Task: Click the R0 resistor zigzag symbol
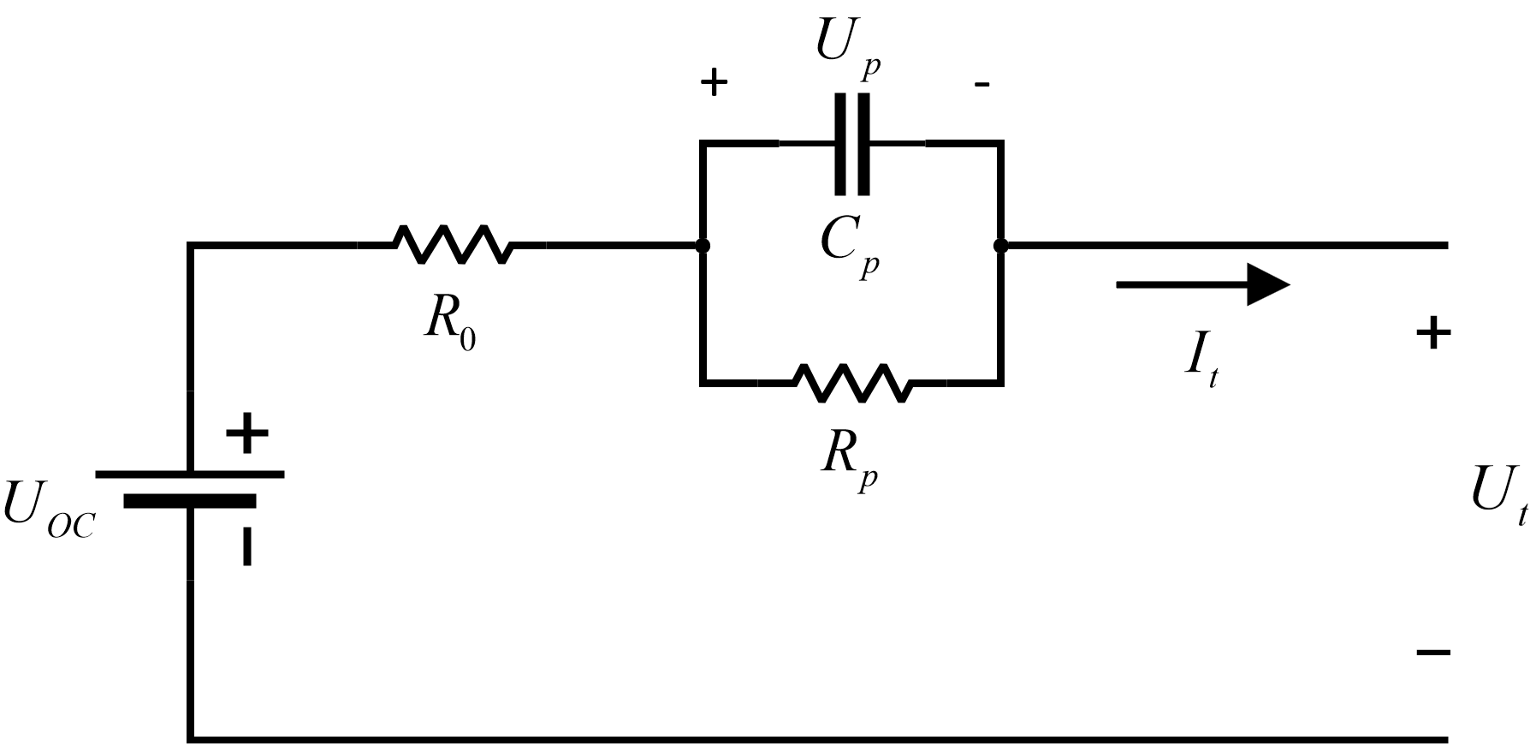pyautogui.click(x=452, y=245)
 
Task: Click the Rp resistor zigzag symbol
pyautogui.click(x=853, y=382)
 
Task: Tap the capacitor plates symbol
pyautogui.click(x=852, y=144)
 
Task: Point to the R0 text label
pyautogui.click(x=450, y=322)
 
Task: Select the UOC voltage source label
pyautogui.click(x=48, y=510)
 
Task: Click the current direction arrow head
pyautogui.click(x=1266, y=284)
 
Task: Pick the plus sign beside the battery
pyautogui.click(x=246, y=434)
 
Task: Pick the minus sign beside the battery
pyautogui.click(x=246, y=546)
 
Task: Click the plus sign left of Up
pyautogui.click(x=714, y=83)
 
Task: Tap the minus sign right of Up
pyautogui.click(x=982, y=84)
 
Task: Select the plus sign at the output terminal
pyautogui.click(x=1433, y=333)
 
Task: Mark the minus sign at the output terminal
pyautogui.click(x=1433, y=653)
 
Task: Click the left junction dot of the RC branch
pyautogui.click(x=703, y=246)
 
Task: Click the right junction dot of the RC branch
pyautogui.click(x=999, y=246)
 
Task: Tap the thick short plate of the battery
pyautogui.click(x=189, y=501)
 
